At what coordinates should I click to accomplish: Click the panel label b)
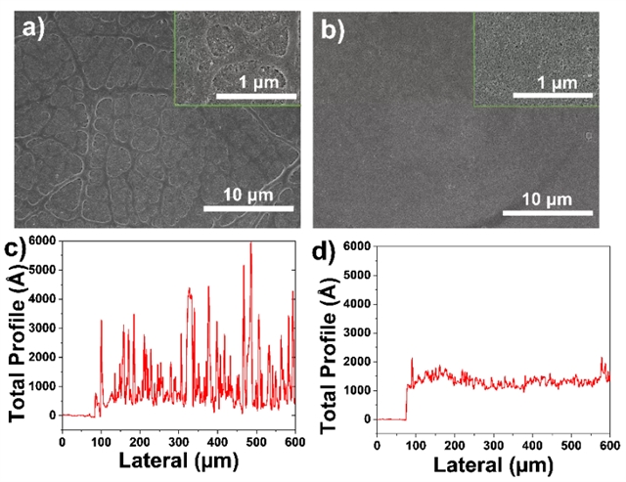334,28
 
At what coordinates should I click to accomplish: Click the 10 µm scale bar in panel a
247,208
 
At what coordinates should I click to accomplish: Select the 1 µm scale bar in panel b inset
556,96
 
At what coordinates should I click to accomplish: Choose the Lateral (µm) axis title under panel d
494,462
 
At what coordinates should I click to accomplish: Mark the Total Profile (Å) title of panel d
330,332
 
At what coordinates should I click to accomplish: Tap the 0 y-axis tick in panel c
54,416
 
